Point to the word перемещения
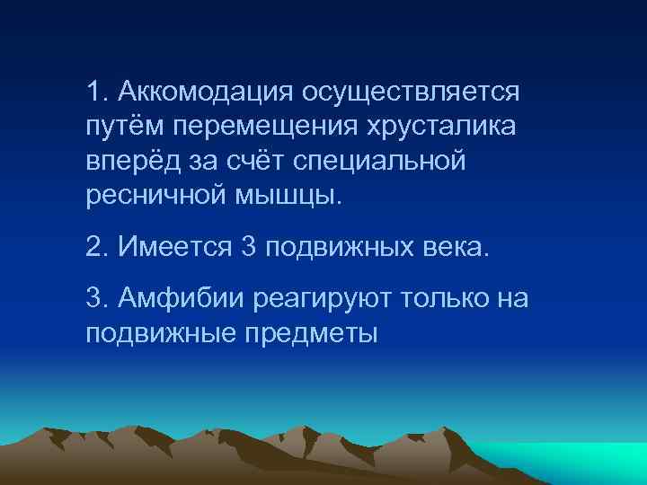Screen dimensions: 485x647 pos(261,127)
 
